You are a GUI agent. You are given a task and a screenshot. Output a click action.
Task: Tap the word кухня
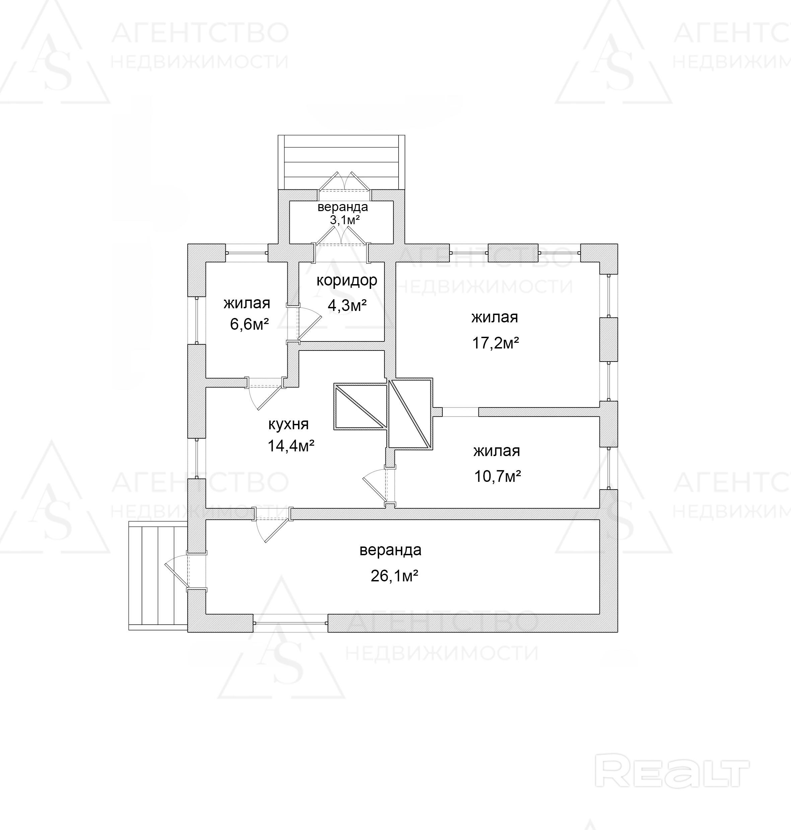(x=288, y=424)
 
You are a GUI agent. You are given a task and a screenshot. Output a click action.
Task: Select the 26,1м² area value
(x=394, y=576)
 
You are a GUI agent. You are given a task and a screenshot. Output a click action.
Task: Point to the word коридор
(x=347, y=280)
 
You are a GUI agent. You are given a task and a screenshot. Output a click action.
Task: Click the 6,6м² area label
(x=249, y=324)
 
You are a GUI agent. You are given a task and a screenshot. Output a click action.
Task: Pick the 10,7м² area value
(x=498, y=476)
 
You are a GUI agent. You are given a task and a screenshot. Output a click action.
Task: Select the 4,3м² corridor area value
(x=347, y=305)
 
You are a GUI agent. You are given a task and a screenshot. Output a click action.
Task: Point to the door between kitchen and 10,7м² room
(x=377, y=485)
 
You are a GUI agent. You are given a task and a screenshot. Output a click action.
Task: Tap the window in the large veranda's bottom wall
(x=290, y=623)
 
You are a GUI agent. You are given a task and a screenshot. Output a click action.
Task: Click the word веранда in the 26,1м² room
(x=390, y=550)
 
